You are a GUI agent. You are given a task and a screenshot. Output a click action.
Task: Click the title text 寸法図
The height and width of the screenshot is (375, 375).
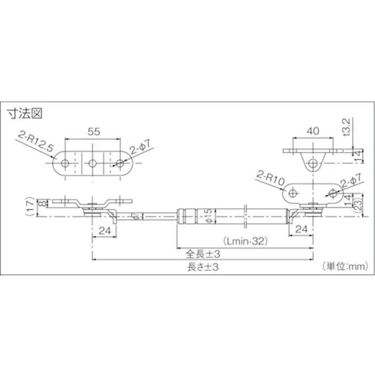[x=25, y=113]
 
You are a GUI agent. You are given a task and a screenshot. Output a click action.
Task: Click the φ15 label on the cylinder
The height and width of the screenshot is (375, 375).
[x=208, y=215]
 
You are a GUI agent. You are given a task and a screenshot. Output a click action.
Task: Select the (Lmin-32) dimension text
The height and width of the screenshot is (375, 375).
[x=246, y=241]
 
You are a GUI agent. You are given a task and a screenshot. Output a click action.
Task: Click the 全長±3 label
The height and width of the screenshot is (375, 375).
[x=202, y=252]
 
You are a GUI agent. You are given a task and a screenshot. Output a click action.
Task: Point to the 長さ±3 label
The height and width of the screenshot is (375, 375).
[x=202, y=267]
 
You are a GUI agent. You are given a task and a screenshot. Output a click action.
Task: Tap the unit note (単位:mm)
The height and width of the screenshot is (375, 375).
[x=343, y=267]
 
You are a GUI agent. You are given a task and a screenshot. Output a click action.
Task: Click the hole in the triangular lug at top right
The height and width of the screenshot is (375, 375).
[x=313, y=164]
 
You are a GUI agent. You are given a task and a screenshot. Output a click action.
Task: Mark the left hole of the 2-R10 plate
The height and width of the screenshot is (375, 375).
[x=293, y=192]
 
